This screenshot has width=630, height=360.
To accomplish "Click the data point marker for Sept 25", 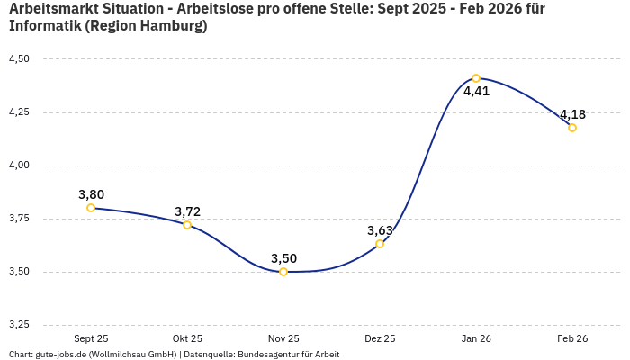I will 91,208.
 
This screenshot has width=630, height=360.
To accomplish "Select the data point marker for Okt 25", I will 187,225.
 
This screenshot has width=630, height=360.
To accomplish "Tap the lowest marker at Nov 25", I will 283,272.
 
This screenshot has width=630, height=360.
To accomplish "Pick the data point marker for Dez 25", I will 380,244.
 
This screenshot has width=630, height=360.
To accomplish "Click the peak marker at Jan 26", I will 476,78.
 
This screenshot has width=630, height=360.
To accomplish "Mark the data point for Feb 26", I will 572,128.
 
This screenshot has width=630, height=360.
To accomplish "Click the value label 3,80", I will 91,194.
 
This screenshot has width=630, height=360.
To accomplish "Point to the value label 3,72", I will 187,211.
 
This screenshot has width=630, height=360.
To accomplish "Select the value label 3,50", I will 283,258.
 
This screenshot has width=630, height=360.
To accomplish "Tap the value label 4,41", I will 476,91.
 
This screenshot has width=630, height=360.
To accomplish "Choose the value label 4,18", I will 572,114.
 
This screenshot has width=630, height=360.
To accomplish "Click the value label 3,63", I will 380,230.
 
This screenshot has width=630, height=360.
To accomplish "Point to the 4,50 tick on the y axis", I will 19,59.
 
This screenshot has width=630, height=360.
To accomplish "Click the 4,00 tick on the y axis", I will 19,166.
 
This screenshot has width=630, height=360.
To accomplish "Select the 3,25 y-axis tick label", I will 19,325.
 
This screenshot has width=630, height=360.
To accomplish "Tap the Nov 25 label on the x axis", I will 283,338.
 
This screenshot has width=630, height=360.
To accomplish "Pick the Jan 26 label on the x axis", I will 476,338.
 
